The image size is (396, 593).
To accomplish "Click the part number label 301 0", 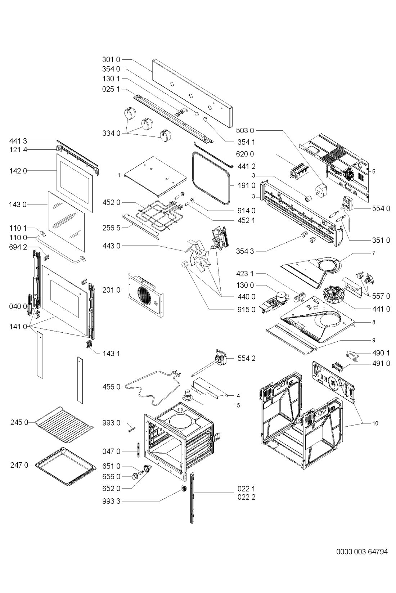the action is tap(111, 59).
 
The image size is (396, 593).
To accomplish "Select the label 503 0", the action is tap(245, 130).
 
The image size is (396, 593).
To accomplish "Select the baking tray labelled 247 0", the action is tap(66, 467).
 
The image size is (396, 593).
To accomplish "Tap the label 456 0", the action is tap(111, 387).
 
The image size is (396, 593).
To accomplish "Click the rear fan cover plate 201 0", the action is tap(145, 295).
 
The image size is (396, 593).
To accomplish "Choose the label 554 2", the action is tap(247, 359).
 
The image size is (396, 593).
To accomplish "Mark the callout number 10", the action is tap(375, 423).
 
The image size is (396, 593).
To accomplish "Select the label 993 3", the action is tap(111, 501).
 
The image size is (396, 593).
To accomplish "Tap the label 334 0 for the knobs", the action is tap(111, 134).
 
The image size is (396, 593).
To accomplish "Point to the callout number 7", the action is tap(374, 253).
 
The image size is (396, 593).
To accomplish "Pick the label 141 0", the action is tap(18, 327).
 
